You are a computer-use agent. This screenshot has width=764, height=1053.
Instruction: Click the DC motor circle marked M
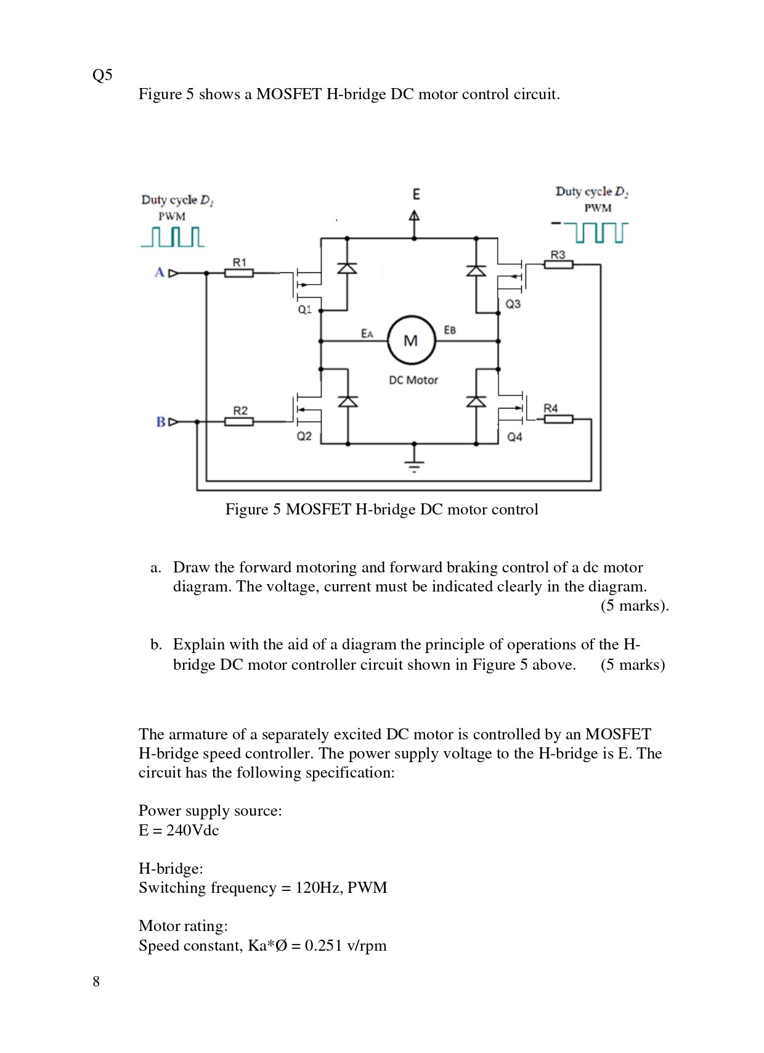tap(411, 340)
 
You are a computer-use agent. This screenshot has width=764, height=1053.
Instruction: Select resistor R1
tap(238, 272)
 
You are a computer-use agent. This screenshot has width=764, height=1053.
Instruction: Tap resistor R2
tap(238, 421)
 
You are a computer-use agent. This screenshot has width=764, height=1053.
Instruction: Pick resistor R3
tap(558, 264)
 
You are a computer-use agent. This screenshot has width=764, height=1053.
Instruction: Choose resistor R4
tap(558, 419)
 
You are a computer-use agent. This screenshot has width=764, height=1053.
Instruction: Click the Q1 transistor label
tap(304, 309)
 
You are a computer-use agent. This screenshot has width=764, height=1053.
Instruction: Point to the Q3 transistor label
tap(513, 304)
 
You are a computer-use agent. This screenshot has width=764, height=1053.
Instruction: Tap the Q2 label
tap(304, 436)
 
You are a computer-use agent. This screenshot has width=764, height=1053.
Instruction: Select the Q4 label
tap(514, 437)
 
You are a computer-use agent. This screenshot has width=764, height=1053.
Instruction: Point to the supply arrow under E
tap(415, 217)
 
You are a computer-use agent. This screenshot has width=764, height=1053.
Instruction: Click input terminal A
tap(160, 272)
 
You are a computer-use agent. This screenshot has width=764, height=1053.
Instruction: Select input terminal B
tap(161, 422)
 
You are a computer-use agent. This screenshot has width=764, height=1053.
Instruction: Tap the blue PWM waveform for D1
tap(173, 237)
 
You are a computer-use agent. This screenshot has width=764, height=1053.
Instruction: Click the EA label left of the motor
tap(367, 333)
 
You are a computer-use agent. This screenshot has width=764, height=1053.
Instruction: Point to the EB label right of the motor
tap(450, 330)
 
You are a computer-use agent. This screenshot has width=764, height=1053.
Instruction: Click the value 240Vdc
tap(192, 830)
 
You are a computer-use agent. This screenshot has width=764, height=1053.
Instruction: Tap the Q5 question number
tap(102, 75)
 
